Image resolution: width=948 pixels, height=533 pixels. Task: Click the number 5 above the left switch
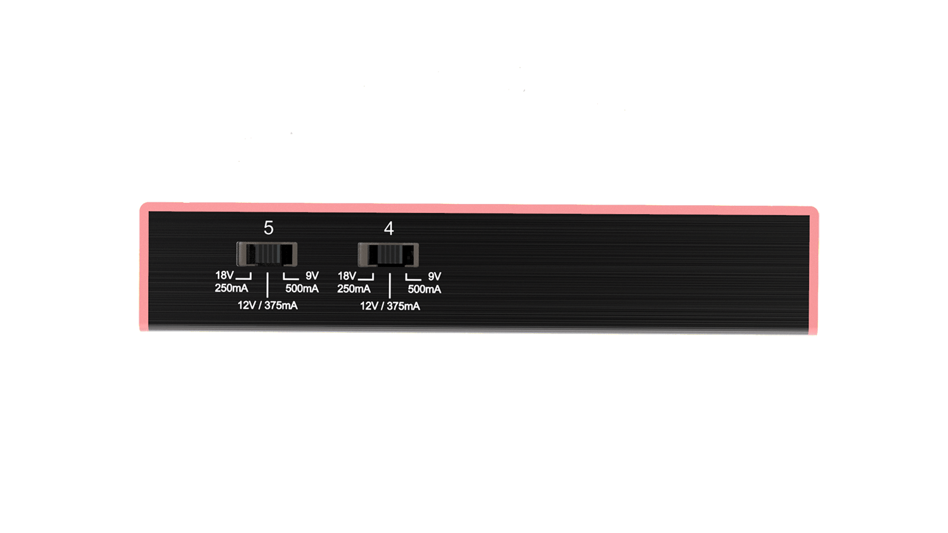(268, 228)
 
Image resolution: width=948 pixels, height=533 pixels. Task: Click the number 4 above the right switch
(389, 228)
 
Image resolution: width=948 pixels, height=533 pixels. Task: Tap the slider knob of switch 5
(267, 254)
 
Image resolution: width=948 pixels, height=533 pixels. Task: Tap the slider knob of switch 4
(389, 255)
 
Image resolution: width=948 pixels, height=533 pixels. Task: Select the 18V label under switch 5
(224, 275)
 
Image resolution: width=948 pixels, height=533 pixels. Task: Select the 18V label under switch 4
(347, 276)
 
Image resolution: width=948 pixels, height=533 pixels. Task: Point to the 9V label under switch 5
(312, 276)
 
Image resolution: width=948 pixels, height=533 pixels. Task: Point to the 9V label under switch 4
(434, 276)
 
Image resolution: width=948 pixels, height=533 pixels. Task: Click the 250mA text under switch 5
(231, 288)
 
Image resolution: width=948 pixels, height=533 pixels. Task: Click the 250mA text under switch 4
(354, 289)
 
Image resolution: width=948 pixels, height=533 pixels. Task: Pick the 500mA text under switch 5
(302, 289)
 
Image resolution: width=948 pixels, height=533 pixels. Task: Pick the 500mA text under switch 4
(424, 289)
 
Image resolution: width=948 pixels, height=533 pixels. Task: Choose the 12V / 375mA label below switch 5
(267, 305)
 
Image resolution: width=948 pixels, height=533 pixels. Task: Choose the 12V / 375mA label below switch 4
(390, 306)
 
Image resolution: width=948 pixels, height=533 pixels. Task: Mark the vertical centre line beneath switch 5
(267, 285)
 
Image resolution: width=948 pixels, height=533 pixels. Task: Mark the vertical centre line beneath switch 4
(389, 285)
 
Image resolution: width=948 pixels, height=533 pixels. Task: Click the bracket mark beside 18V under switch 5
(244, 277)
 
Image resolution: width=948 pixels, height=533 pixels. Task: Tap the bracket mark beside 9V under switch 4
(413, 277)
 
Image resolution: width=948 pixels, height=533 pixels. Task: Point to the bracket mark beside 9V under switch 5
(290, 277)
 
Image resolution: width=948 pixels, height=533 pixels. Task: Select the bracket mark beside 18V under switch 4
(366, 277)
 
